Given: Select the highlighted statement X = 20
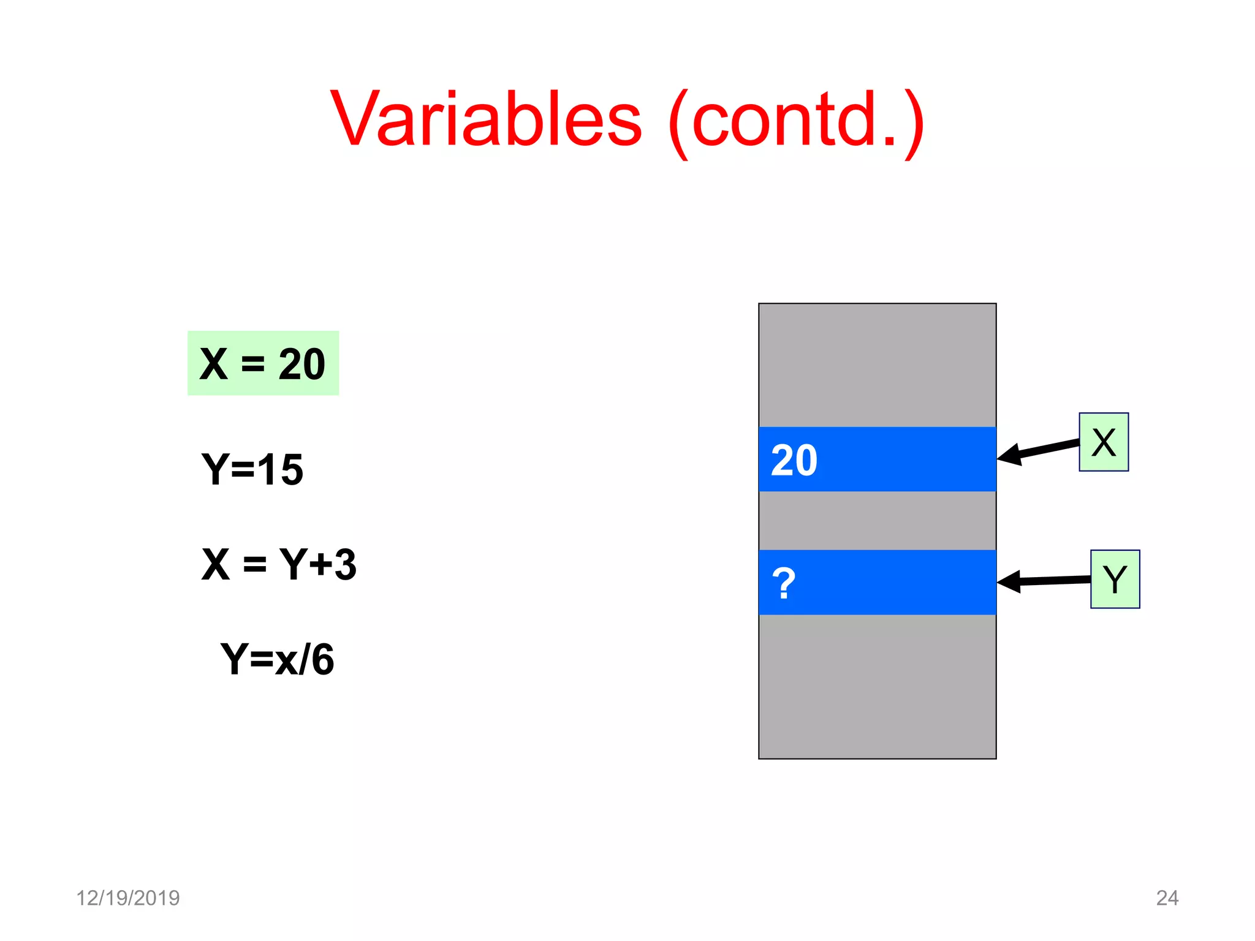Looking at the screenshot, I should pos(263,363).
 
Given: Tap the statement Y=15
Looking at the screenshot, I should pos(252,470).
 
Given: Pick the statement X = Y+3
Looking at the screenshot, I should pos(279,564).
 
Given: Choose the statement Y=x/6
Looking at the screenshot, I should pos(277,660).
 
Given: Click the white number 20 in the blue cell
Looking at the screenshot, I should pos(794,460).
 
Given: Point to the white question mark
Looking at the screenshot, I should pos(783,584).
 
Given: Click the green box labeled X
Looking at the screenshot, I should pos(1103,442).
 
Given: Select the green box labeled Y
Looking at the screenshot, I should pos(1115,579).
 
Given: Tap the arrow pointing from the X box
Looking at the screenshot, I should pos(1038,451).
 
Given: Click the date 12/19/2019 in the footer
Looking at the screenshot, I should pos(127,898).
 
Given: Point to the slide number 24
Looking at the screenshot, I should pos(1167,898).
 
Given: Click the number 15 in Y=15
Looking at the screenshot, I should pos(280,470).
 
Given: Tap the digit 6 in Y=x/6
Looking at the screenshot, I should pos(322,660).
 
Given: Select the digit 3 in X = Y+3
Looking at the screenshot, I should pos(345,564).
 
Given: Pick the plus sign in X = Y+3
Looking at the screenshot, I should pos(320,564).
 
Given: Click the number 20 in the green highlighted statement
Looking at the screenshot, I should pos(301,364).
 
